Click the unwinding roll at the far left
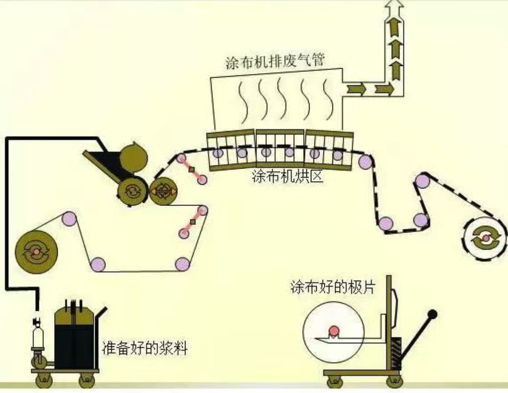coord(36,251)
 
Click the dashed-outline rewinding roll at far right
coord(485,238)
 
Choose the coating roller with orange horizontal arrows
coord(163,192)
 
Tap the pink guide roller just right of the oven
coord(365,162)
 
